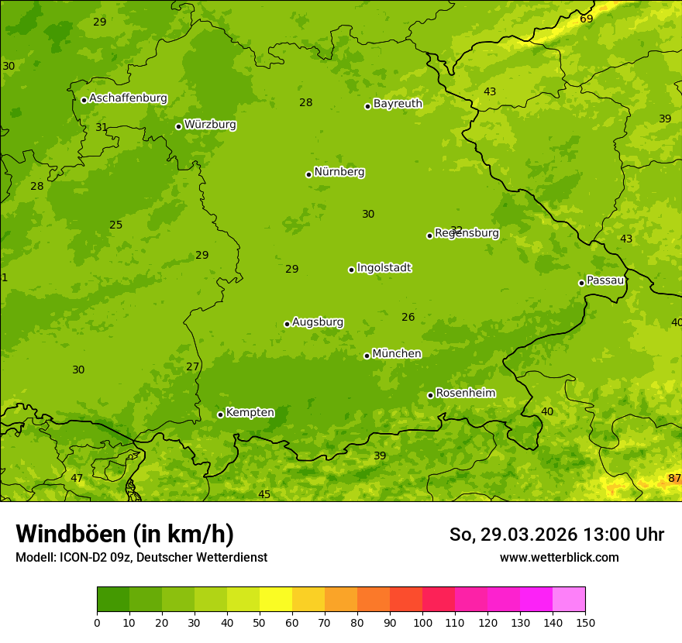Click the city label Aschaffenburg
pos(128,98)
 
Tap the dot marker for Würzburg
pos(178,126)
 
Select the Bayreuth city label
pos(398,104)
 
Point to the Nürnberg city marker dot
pos(308,174)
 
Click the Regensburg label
pos(467,233)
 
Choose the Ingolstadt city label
pos(384,268)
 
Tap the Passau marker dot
pos(581,283)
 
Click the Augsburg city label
pos(318,322)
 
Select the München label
pos(397,354)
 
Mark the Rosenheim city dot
pos(430,395)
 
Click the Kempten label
pos(250,413)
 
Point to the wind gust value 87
pos(674,479)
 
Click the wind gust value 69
pos(586,19)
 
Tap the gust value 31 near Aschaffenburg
pos(102,127)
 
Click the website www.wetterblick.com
pos(559,557)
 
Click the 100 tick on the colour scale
pos(422,622)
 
